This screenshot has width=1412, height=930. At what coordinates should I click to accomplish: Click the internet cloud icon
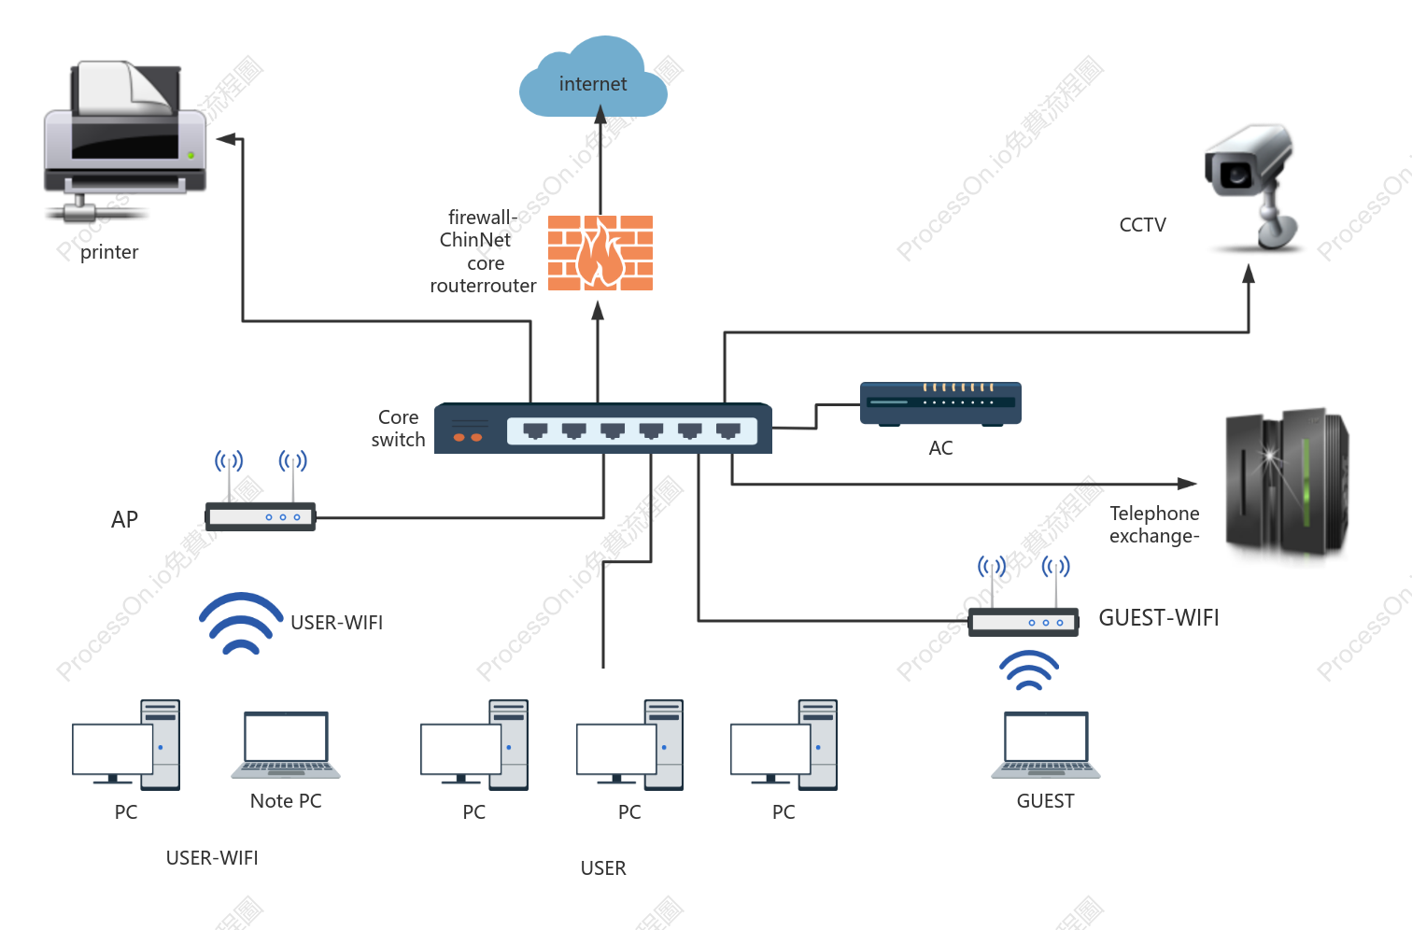point(593,77)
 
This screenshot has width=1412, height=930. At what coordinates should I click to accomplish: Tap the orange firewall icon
point(600,253)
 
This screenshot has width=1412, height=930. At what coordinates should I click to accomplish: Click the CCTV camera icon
point(1252,188)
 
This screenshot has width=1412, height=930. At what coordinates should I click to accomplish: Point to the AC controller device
point(940,403)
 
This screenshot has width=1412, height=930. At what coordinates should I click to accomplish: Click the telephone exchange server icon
point(1287,484)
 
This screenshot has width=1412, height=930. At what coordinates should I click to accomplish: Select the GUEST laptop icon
point(1046,745)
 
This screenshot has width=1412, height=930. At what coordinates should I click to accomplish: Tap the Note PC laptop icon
point(286,745)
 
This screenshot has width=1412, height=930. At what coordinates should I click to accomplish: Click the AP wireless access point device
point(261,491)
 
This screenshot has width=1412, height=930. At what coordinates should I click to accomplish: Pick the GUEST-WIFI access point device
point(1024,596)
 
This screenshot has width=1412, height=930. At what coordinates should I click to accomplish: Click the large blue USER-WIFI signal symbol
point(241,623)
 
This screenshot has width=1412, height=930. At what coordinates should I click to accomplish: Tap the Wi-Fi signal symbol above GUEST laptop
point(1029,669)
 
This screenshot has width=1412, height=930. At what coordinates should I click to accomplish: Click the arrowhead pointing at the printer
point(225,138)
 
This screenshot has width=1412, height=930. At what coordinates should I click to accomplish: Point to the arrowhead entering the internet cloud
point(600,115)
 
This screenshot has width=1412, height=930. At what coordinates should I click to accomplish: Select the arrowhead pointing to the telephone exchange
point(1187,484)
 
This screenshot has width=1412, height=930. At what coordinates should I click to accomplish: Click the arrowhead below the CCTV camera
point(1249,274)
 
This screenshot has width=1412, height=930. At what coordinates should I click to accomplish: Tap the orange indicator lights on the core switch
point(468,437)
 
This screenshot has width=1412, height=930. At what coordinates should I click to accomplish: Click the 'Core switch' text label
point(399,429)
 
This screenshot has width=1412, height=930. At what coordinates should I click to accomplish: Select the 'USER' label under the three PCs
point(603,868)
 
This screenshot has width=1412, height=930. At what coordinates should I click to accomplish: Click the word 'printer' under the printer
point(109,252)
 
